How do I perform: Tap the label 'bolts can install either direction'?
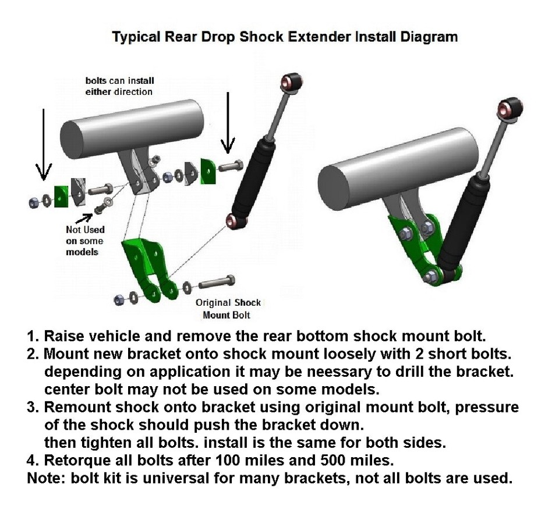tap(119, 86)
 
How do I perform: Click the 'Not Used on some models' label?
tap(84, 241)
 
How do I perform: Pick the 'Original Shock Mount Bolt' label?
tap(228, 309)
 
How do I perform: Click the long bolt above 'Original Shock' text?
tap(217, 284)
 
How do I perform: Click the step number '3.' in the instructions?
tap(33, 407)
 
